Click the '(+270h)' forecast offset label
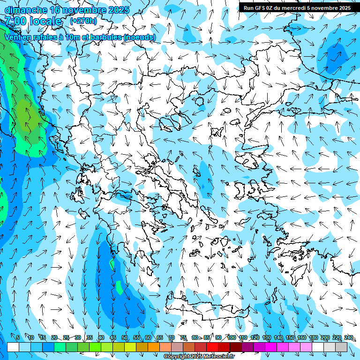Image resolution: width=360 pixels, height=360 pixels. point(83,21)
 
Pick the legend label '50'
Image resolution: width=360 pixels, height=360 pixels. point(125,338)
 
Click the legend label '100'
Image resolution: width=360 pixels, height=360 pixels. point(231,338)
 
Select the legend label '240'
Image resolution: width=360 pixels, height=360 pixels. point(348,338)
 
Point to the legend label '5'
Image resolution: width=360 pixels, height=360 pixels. point(18,338)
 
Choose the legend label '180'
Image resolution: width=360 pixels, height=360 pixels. point(313,338)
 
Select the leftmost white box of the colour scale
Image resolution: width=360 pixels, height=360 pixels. point(13,347)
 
